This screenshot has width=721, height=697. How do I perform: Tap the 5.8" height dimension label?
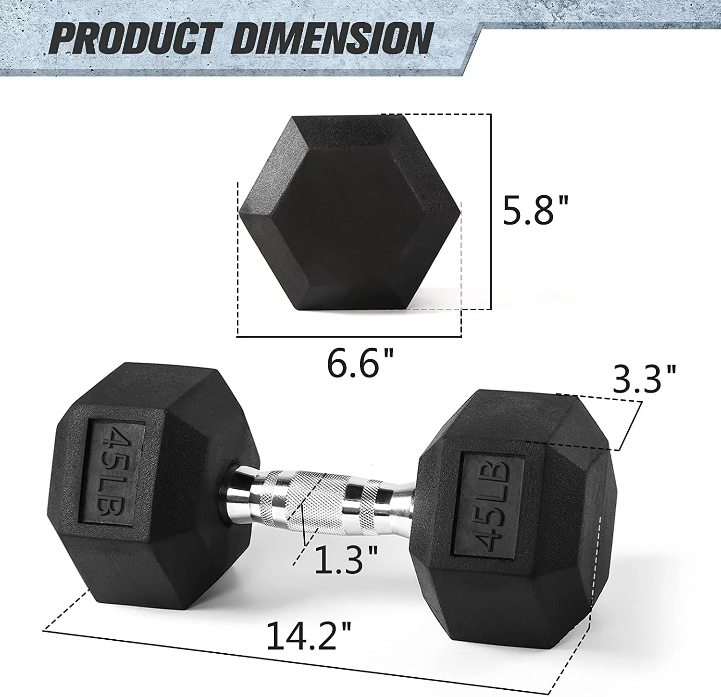(535, 210)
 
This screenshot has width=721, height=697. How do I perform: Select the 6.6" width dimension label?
(360, 363)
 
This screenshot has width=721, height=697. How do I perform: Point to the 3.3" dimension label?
(644, 379)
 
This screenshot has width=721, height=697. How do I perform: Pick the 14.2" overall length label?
(308, 635)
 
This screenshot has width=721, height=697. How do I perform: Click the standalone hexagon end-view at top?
(349, 212)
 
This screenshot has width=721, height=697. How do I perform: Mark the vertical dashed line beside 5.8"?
(491, 212)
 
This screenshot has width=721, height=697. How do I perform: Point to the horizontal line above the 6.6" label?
(348, 336)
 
